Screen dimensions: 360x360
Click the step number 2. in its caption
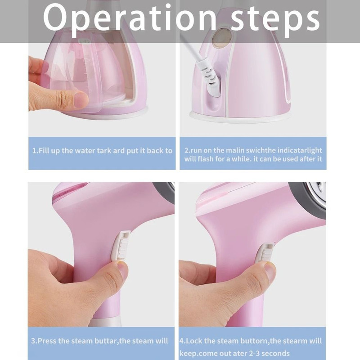(x=187, y=150)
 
